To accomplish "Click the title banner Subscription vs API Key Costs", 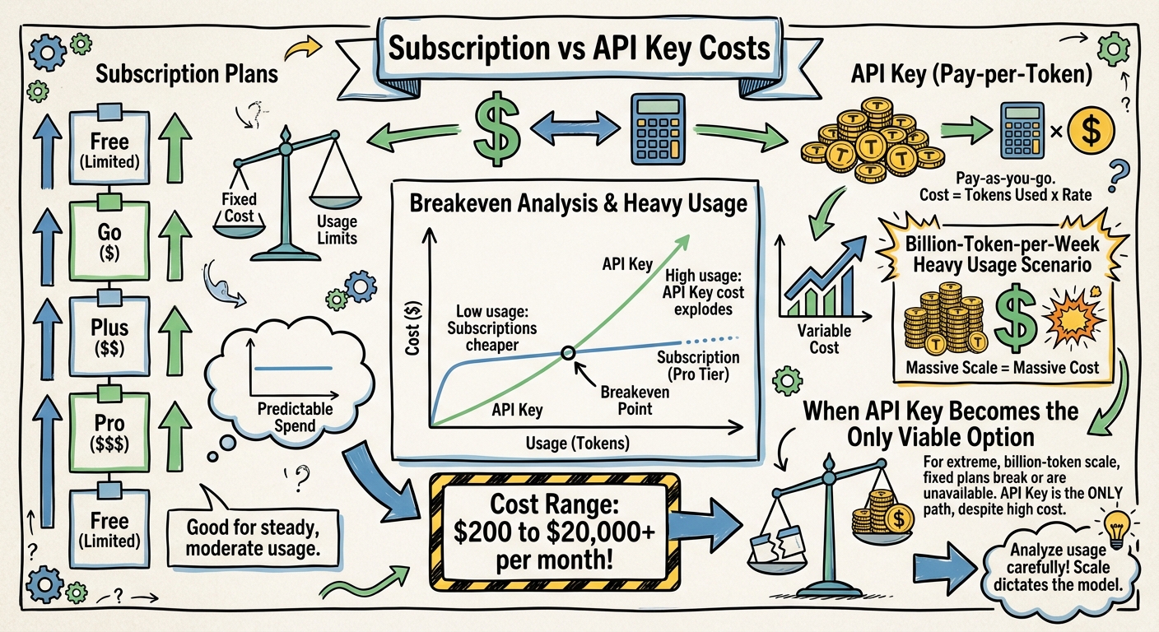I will pos(579,48).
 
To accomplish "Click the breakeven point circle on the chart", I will pos(567,353).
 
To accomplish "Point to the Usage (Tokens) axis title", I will pos(577,443).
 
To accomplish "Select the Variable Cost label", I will pos(823,339).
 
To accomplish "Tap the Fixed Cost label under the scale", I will pos(239,206).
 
